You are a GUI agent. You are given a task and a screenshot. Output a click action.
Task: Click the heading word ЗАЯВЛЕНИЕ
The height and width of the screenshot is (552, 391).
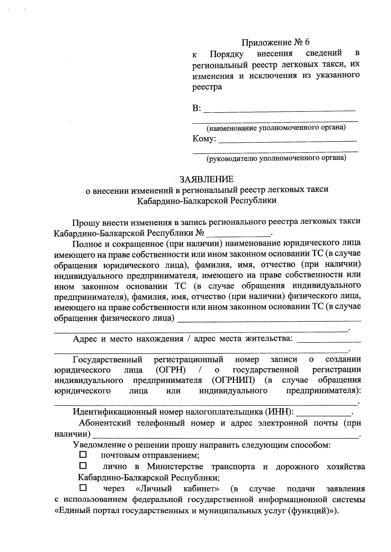[207, 179]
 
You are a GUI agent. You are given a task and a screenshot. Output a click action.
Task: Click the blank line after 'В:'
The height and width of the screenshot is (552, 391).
[279, 109]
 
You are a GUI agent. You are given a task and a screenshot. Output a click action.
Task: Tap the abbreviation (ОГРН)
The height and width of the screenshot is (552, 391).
[170, 370]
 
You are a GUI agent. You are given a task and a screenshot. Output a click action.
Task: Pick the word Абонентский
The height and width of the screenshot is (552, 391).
[105, 423]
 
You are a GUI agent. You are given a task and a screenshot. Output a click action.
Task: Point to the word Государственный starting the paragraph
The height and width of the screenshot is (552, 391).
[108, 359]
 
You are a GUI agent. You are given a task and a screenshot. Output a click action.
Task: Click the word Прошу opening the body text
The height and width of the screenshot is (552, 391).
[85, 222]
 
